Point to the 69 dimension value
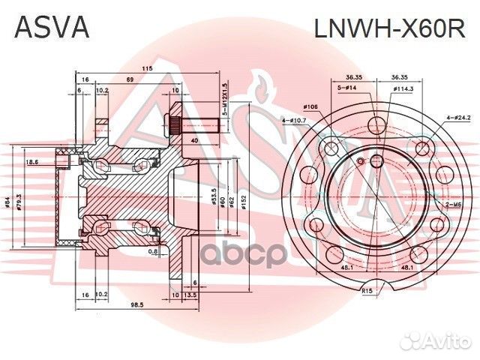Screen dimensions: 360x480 pos(129,79)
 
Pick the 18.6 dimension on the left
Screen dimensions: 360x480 pos(32,161)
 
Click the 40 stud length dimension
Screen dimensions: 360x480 pos(195,139)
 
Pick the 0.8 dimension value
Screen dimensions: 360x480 pos(153,251)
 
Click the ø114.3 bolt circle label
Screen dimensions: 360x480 pos(403,88)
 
